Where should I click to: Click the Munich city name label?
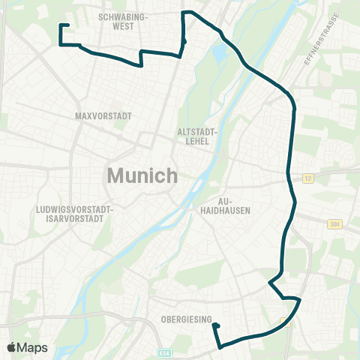tap(142, 175)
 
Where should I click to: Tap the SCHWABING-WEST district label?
tap(124, 20)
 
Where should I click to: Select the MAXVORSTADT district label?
tap(103, 116)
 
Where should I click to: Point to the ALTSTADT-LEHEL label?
tap(197, 135)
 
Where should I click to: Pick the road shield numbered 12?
tap(308, 178)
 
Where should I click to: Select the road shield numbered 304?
tap(334, 224)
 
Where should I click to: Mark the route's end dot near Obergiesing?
tap(214, 325)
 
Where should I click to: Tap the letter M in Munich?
tap(117, 175)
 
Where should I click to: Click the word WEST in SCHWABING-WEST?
tap(123, 25)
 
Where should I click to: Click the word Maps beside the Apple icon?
tap(34, 347)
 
